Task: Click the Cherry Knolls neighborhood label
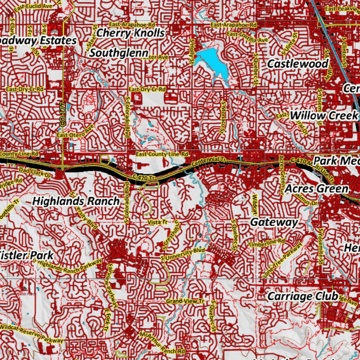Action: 130,33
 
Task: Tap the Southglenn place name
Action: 119,53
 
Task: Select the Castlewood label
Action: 298,64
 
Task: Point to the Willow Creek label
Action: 323,115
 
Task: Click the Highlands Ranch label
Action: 76,201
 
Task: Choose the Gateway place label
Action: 274,222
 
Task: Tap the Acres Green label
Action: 316,189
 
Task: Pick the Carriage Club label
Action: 303,296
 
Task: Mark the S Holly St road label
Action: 192,51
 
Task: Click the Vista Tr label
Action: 158,222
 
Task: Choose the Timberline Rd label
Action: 266,243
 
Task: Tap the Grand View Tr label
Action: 185,301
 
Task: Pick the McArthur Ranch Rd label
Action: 162,343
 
